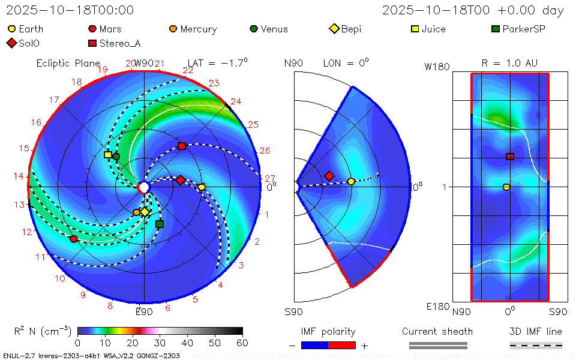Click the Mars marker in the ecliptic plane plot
coord(74,239)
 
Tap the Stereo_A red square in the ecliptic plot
coord(182,146)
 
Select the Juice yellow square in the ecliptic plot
coord(108,155)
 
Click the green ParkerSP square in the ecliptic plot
coord(160,224)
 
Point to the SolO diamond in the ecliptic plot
coord(180,180)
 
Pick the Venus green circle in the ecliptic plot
coord(116,157)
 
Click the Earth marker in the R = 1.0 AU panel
coord(506,187)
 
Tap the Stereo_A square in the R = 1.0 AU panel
coord(510,157)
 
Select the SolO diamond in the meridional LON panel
coord(329,176)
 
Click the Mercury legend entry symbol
coord(173,29)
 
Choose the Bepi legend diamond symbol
coord(334,29)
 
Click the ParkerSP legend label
coord(523,29)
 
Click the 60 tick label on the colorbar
coord(242,343)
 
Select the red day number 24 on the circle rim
coord(236,102)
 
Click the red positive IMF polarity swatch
coord(342,345)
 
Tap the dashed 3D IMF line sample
coord(536,345)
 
